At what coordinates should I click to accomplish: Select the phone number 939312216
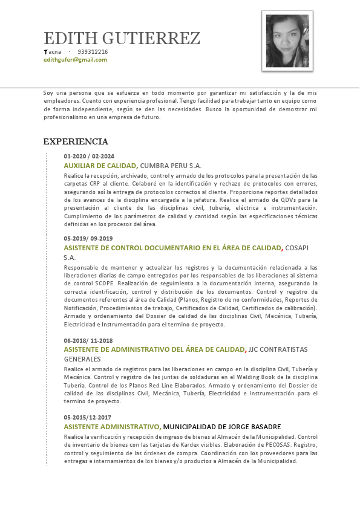point(93,52)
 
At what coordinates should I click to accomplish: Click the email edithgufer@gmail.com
point(75,60)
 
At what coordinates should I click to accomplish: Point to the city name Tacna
point(53,52)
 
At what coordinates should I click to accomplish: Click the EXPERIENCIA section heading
point(76,142)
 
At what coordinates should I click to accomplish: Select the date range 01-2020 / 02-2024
point(89,157)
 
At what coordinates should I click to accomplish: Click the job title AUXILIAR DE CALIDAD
point(100,166)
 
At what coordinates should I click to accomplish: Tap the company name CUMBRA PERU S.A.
point(171,166)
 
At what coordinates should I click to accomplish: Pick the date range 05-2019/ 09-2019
point(88,238)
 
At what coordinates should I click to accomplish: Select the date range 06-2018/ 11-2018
point(88,340)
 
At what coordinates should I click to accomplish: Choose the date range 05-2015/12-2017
point(88,418)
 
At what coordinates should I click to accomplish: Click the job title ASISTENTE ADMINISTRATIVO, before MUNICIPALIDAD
point(112,427)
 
